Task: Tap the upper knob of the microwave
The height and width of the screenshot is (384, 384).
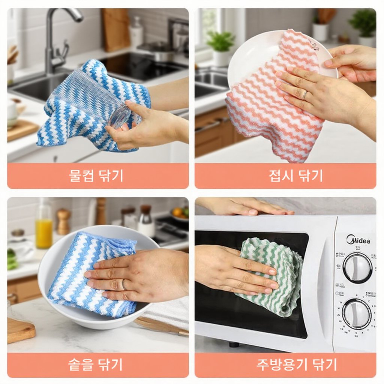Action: [x=357, y=267]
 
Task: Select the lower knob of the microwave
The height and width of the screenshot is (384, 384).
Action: [x=356, y=313]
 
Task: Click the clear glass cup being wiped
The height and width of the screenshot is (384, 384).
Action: [x=94, y=96]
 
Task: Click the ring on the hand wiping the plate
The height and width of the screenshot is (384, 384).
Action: [x=305, y=95]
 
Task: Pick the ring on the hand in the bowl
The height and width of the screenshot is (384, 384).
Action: [x=124, y=285]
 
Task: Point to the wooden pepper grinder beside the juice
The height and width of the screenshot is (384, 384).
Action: [x=63, y=221]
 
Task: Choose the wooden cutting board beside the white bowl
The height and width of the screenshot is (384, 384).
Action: [x=21, y=330]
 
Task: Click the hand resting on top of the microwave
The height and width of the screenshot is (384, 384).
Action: [x=247, y=206]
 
